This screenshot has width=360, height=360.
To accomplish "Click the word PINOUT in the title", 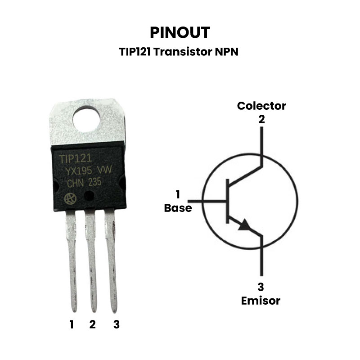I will pyautogui.click(x=180, y=32).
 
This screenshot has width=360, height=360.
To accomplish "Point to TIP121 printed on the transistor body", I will pyautogui.click(x=76, y=158).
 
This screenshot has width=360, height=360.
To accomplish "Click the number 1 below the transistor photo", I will pyautogui.click(x=71, y=324).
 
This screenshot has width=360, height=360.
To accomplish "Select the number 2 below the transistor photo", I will pyautogui.click(x=92, y=324).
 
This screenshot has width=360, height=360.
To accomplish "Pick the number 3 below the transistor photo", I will pyautogui.click(x=116, y=324).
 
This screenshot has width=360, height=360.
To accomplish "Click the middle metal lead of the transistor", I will pyautogui.click(x=92, y=261).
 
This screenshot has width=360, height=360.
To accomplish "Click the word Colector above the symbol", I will pyautogui.click(x=261, y=106).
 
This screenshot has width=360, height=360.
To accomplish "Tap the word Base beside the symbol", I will pyautogui.click(x=178, y=208).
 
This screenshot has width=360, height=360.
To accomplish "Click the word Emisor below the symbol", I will pyautogui.click(x=261, y=301).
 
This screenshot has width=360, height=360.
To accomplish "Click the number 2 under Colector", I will pyautogui.click(x=261, y=120).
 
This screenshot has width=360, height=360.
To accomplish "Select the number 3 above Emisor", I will pyautogui.click(x=261, y=287).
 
